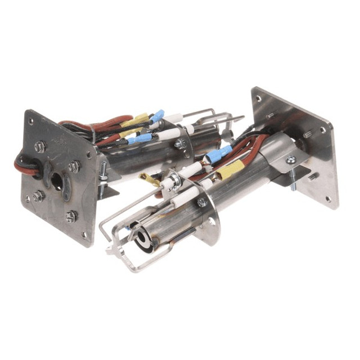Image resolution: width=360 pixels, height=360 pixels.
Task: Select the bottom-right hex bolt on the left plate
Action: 71,216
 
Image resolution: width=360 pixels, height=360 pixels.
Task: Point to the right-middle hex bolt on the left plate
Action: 74,166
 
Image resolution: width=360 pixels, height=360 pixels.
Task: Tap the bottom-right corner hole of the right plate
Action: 328,199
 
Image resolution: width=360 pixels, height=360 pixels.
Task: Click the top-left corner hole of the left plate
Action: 31,120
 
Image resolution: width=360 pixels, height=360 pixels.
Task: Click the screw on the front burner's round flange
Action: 201,202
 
